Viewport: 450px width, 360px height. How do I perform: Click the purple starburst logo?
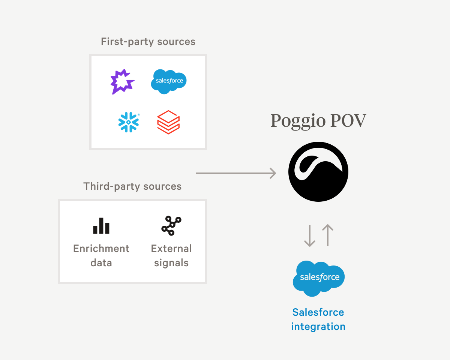(x=122, y=82)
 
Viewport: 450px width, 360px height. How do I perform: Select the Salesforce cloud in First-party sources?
(x=169, y=81)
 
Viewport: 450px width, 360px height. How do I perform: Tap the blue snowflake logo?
(x=129, y=122)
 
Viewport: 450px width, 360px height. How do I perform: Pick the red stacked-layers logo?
(x=168, y=122)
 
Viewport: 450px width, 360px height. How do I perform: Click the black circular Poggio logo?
(x=318, y=172)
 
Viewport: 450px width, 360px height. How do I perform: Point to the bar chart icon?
(x=101, y=226)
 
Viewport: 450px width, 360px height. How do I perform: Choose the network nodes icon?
(x=171, y=225)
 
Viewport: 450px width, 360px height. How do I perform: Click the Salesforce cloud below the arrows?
(x=319, y=278)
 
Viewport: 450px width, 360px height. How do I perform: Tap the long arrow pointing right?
(x=236, y=173)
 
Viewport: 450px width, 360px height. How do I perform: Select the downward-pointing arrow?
(x=309, y=236)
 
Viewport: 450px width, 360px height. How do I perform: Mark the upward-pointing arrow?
(x=328, y=235)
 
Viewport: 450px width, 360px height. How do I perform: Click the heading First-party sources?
(x=148, y=42)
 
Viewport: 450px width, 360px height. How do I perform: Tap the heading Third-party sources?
(x=132, y=186)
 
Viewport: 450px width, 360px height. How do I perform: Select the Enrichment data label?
(x=101, y=255)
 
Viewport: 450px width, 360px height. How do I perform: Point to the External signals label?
(x=171, y=255)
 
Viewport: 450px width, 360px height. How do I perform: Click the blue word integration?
(x=318, y=327)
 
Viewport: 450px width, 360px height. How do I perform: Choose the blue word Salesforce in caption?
(x=318, y=312)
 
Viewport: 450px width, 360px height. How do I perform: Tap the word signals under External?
(x=171, y=263)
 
